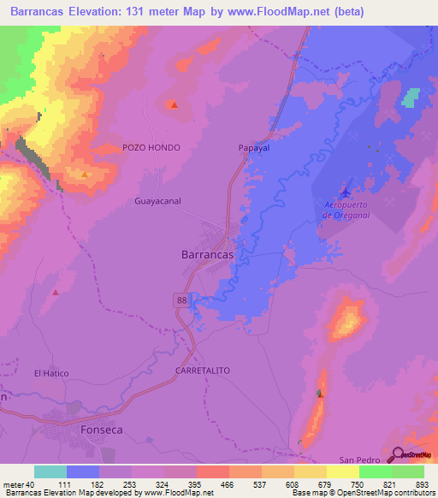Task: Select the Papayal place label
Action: tap(253, 147)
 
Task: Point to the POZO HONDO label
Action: tap(151, 147)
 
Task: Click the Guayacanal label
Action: tap(158, 201)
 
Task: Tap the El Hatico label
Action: tap(50, 373)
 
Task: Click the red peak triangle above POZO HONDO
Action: tap(174, 105)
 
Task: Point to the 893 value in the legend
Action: tap(420, 485)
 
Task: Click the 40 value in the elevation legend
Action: tap(31, 485)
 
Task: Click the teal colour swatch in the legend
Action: tap(50, 471)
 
